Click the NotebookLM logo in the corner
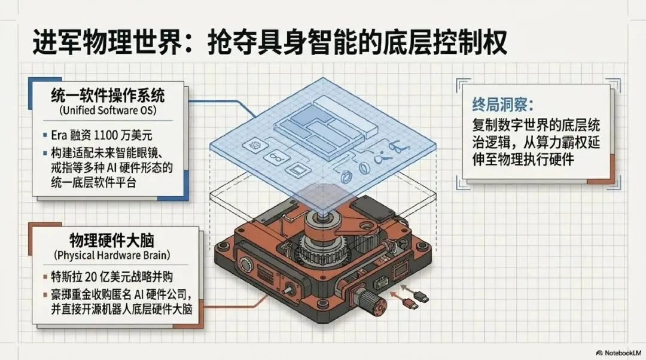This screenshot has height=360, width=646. tap(618, 353)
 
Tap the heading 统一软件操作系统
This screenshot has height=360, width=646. tap(108, 96)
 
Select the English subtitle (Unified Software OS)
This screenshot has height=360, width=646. tap(108, 111)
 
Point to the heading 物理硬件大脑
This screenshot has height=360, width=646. tap(111, 240)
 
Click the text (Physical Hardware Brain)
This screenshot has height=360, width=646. tap(112, 255)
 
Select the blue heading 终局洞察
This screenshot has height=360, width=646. tap(502, 105)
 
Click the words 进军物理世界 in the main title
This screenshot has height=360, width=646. tap(106, 42)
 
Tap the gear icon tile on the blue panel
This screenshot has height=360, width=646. tap(252, 145)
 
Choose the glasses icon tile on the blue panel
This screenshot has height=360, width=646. tap(274, 157)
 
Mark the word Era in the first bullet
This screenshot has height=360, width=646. tap(58, 135)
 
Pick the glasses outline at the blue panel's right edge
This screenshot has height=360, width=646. tap(398, 147)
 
